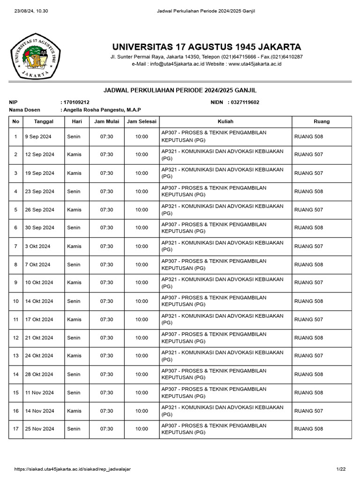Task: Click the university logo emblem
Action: click(36, 56)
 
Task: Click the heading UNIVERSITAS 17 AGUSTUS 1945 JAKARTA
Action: click(206, 47)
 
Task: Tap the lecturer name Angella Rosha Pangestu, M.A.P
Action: click(101, 110)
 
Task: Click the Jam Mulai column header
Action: click(106, 121)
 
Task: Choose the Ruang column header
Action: click(322, 121)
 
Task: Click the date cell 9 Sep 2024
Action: click(38, 136)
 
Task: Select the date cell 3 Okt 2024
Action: click(38, 246)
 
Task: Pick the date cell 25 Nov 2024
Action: click(40, 429)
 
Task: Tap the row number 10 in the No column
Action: click(15, 301)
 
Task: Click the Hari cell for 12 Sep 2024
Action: click(74, 155)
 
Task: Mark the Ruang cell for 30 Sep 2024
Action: click(308, 228)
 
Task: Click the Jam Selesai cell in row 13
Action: click(142, 356)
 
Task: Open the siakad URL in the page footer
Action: click(73, 469)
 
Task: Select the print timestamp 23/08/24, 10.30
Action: click(29, 11)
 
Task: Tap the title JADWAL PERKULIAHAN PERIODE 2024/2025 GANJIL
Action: click(180, 90)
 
